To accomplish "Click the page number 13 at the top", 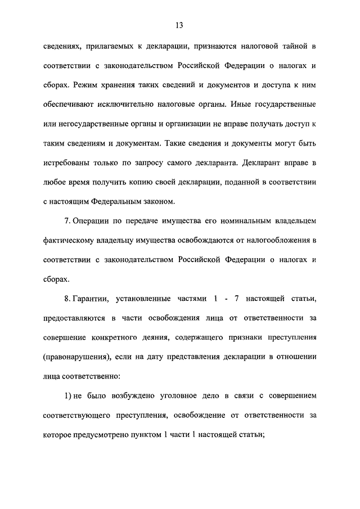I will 179,25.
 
